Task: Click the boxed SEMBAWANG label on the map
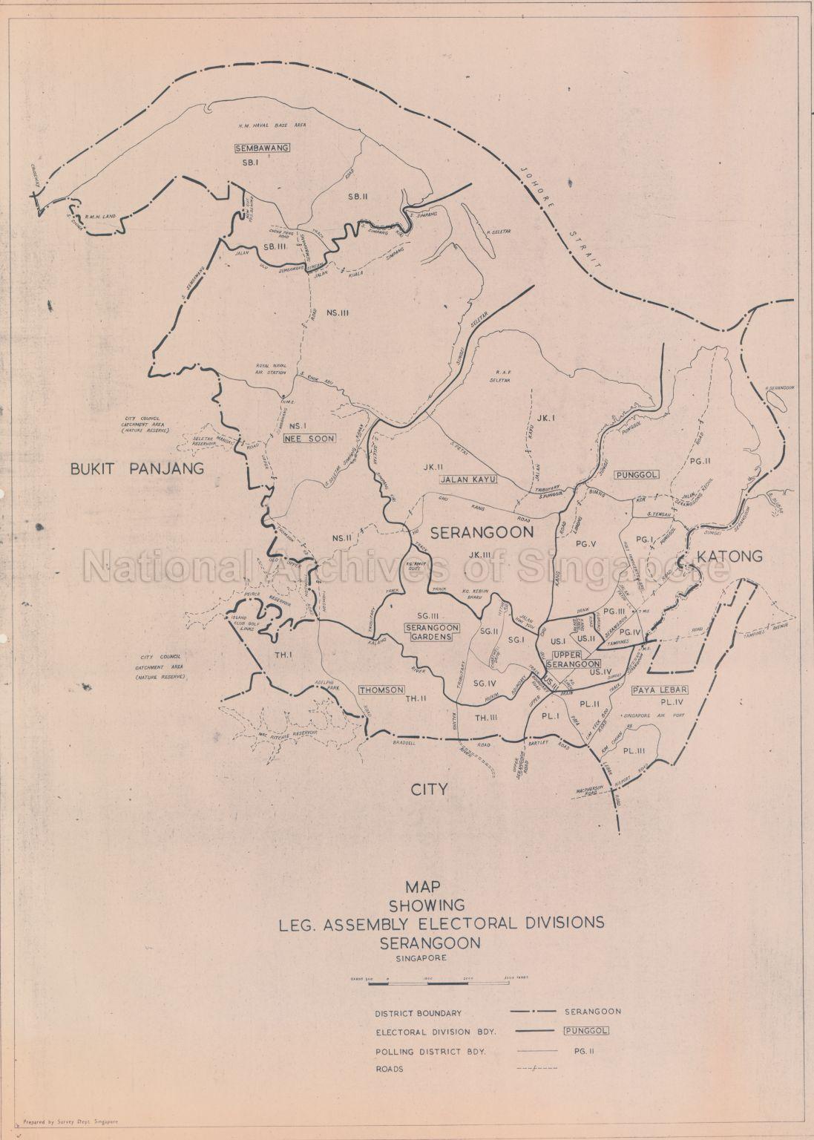(262, 148)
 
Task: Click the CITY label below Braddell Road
(430, 789)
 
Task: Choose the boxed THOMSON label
(381, 689)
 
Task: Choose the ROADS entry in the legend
(389, 1069)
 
